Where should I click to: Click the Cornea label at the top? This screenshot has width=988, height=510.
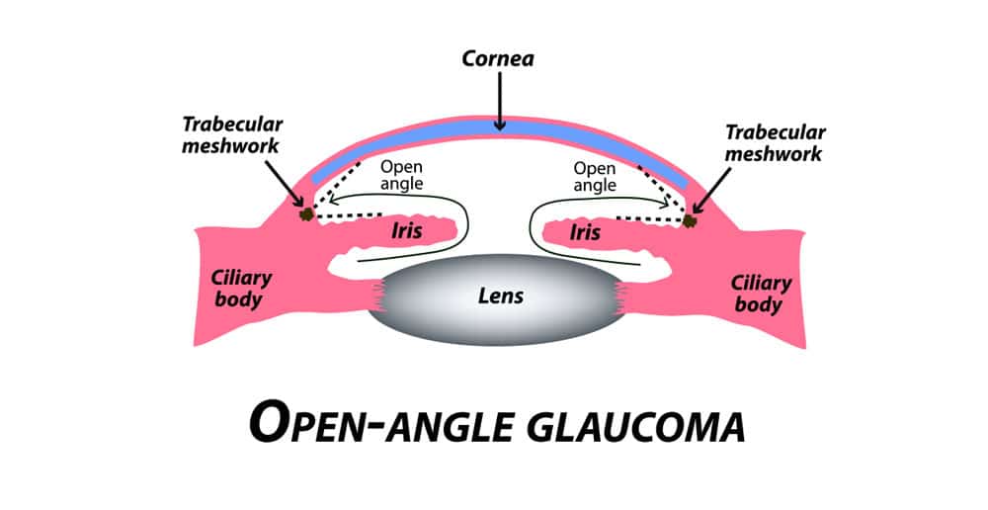(500, 58)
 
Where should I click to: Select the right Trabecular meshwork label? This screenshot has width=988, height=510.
(776, 142)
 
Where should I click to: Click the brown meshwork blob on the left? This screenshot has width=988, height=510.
(308, 212)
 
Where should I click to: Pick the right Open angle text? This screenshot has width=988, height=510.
(595, 176)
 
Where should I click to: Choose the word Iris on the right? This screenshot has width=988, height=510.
(586, 232)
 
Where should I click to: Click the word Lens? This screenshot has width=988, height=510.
(499, 296)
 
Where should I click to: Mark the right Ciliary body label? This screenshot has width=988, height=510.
(761, 294)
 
